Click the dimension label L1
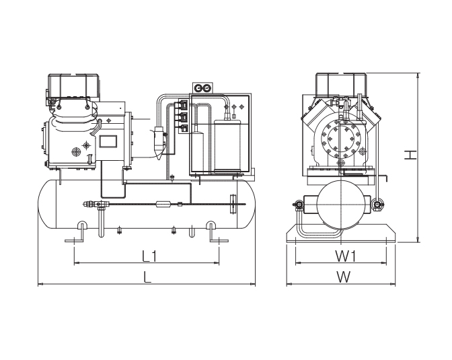(x=149, y=256)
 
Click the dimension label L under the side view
(x=147, y=278)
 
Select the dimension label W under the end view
(x=344, y=278)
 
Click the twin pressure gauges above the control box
(x=202, y=88)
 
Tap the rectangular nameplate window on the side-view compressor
(x=108, y=141)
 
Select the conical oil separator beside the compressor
(x=160, y=141)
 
